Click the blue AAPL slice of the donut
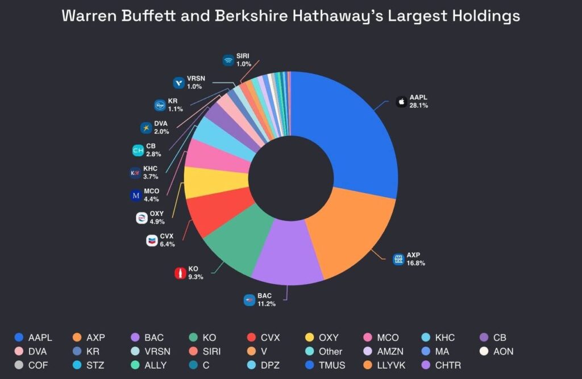click(352, 136)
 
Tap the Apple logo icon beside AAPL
click(401, 102)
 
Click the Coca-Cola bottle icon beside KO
click(180, 273)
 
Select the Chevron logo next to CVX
click(152, 240)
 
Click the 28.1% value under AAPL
click(418, 106)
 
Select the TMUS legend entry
click(326, 365)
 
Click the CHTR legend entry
click(440, 365)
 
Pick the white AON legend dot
click(484, 352)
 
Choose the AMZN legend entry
click(385, 352)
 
